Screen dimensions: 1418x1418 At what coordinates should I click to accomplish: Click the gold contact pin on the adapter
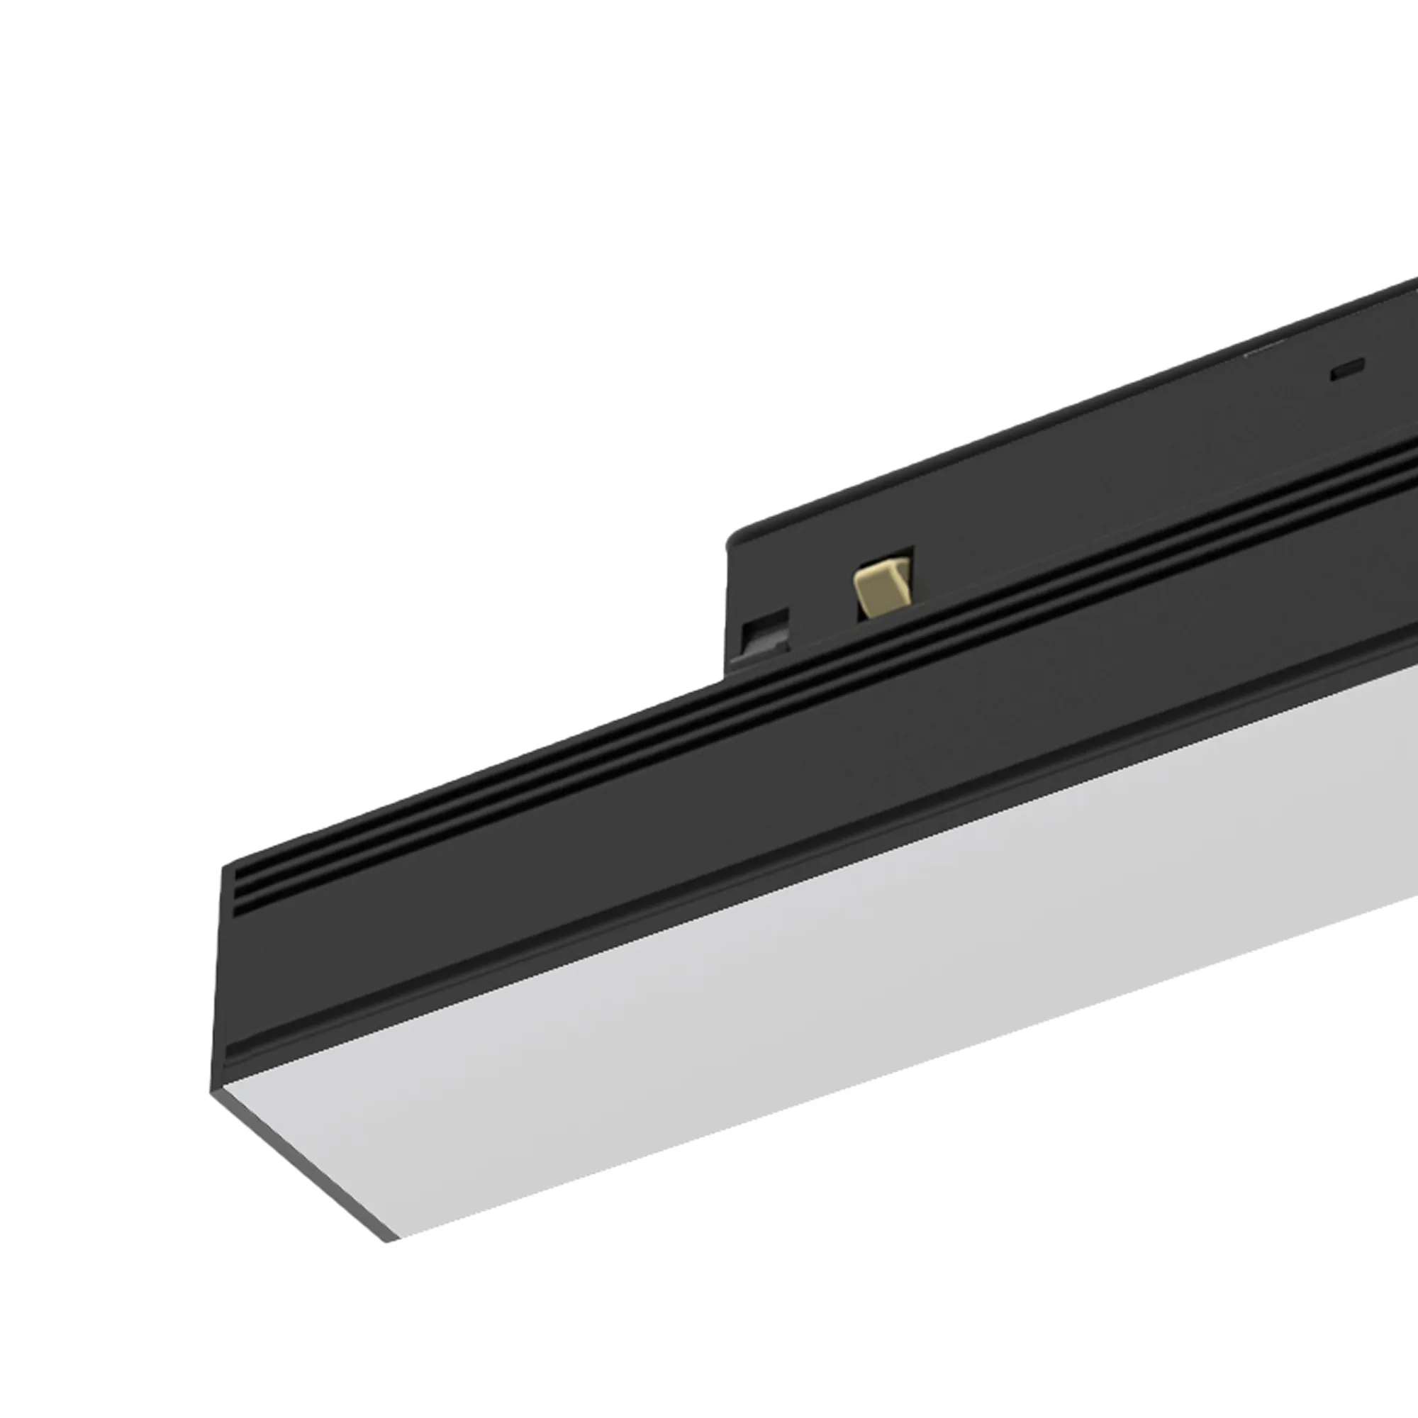coord(878,587)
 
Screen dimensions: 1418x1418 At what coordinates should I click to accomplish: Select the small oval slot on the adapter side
coord(1349,369)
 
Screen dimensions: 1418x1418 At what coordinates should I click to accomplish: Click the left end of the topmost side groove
coord(236,874)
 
